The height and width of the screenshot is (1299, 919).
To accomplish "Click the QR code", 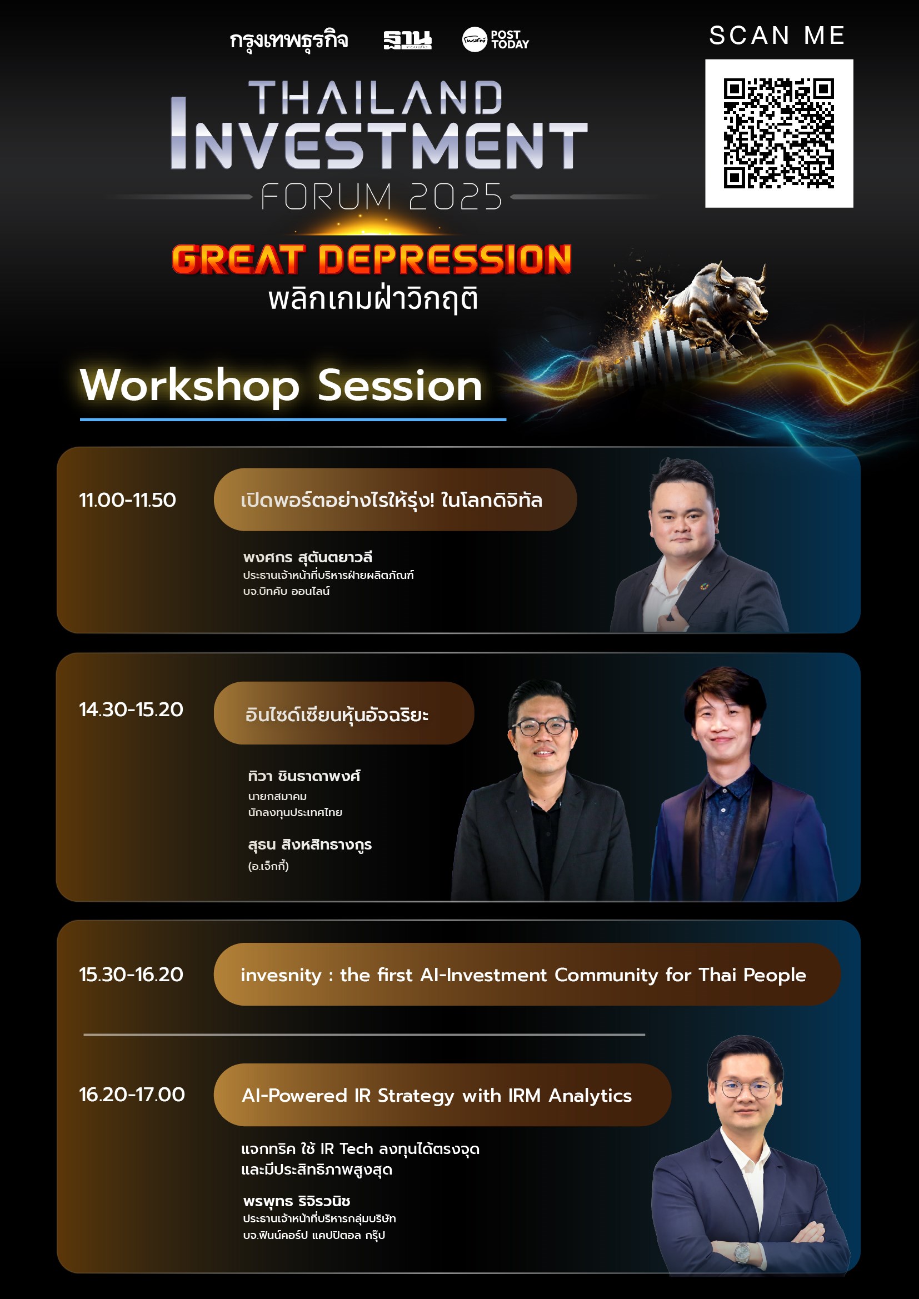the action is click(778, 133).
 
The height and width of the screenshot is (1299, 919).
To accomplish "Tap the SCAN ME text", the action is click(777, 36).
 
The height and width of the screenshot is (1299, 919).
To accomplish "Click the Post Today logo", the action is click(495, 40).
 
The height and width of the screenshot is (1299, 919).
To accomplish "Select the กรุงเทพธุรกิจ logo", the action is click(288, 41).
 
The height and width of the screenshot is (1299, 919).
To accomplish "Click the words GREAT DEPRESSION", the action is click(371, 259).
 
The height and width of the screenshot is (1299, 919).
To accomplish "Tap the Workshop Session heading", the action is click(281, 386).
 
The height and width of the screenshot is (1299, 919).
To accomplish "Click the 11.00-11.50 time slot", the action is click(127, 500).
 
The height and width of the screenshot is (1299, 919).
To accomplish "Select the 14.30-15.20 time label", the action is click(131, 710).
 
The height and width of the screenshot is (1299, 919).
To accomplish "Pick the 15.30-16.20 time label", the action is click(131, 975).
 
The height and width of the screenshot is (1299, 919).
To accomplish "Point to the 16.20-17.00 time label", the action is click(132, 1094).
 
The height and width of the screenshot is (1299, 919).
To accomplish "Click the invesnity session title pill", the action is click(527, 975).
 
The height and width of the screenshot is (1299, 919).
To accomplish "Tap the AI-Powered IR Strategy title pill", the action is click(442, 1095).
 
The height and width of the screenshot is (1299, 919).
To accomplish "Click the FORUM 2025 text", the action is click(381, 196).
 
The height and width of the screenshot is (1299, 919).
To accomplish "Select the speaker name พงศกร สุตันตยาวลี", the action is click(307, 557).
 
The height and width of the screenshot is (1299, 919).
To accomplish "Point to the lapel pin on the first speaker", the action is click(703, 587).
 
